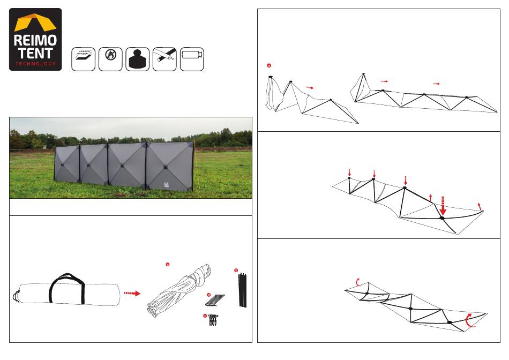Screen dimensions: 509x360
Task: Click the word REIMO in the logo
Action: click(35, 41)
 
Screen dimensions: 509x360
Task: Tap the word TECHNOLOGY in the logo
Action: click(35, 64)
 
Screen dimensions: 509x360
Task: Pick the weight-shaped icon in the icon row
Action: click(138, 59)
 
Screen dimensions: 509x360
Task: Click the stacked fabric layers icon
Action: click(84, 59)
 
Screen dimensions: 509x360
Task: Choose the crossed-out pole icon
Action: click(165, 59)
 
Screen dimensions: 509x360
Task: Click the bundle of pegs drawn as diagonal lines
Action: click(217, 299)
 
